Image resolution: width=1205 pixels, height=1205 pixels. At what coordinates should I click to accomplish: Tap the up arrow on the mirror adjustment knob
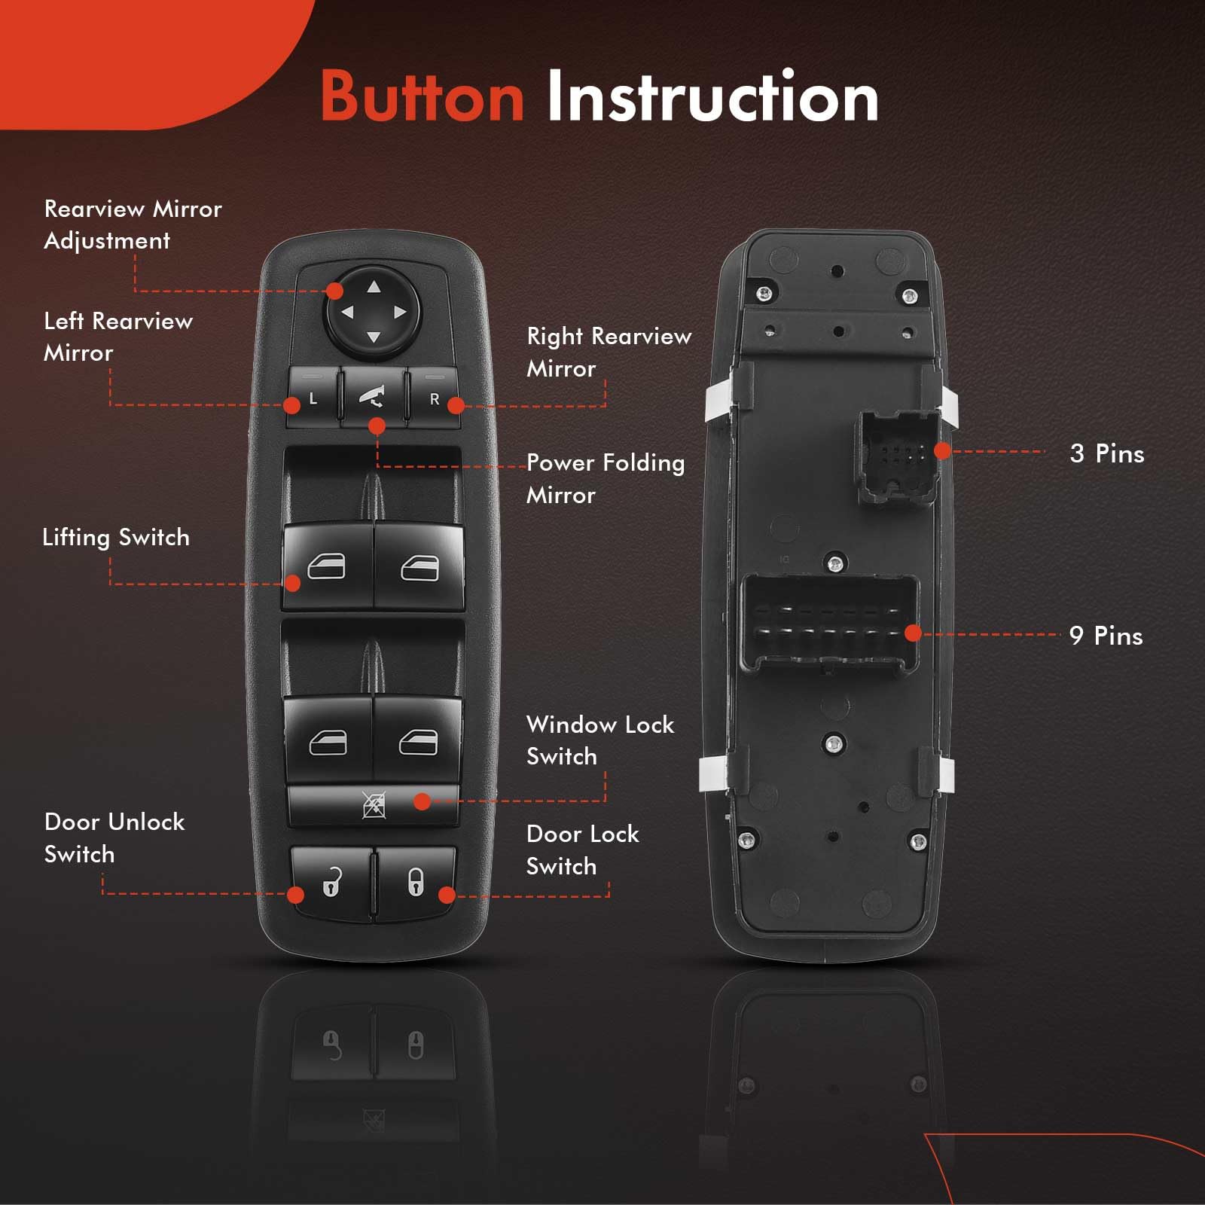pos(374,286)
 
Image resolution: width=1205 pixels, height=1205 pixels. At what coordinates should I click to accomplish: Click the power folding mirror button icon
pos(374,397)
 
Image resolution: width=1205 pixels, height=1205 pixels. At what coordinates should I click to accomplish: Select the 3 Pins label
pos(1106,453)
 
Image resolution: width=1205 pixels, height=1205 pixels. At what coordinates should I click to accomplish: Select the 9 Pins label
pos(1106,636)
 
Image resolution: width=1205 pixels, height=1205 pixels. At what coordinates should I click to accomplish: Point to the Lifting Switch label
pos(116,537)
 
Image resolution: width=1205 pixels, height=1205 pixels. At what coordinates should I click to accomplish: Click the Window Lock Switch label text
pos(599,740)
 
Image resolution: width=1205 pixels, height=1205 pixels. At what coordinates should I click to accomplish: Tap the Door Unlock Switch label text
pos(114,837)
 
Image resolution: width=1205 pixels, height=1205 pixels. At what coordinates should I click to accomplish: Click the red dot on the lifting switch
pos(293,583)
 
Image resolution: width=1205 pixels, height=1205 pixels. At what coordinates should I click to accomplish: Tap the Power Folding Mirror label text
pos(605,478)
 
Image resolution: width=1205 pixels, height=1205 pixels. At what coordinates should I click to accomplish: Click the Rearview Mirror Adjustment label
pos(133,224)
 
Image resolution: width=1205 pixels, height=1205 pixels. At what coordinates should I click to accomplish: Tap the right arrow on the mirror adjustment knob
pos(400,312)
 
